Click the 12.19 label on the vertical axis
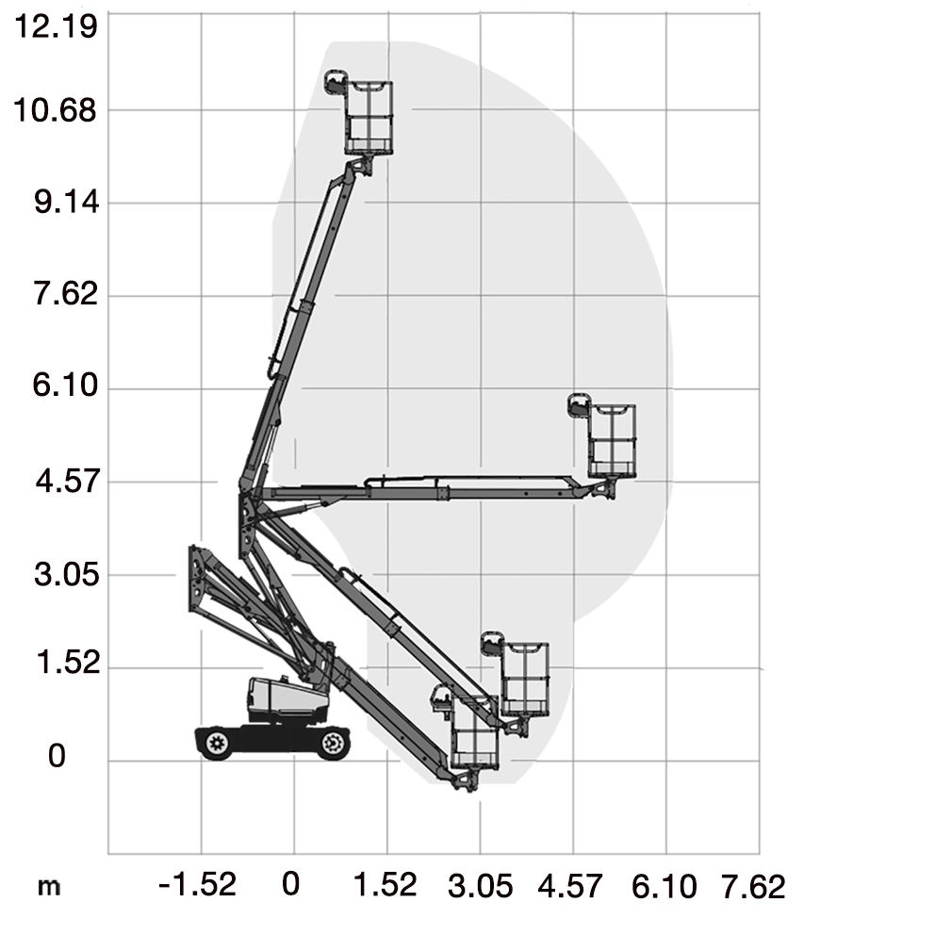coord(56,26)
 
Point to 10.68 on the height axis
coord(55,110)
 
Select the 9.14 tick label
coord(66,203)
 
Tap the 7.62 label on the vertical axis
coord(66,294)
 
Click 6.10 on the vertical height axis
coord(65,385)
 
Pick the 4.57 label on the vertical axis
coord(67,481)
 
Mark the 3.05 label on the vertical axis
coord(66,574)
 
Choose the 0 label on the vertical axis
coord(57,756)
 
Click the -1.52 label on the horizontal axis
coord(197,884)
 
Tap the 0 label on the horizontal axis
coord(290,884)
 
